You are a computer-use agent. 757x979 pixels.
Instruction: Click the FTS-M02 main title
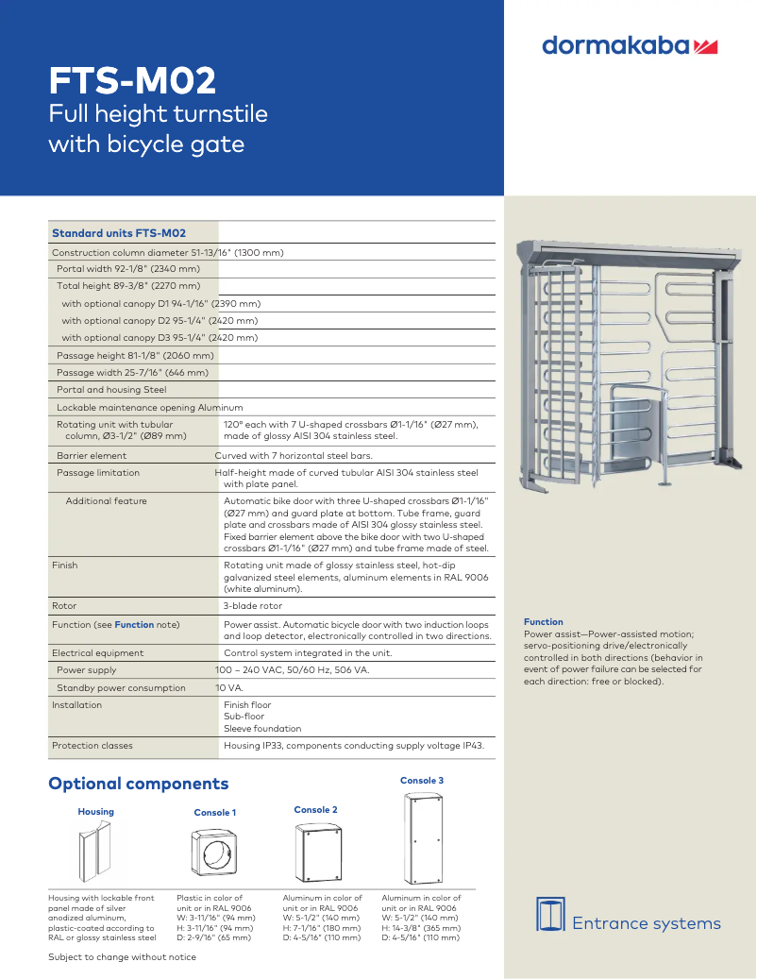point(133,81)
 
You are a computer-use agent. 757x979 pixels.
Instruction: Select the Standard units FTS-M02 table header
point(119,233)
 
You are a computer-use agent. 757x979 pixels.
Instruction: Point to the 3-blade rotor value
point(253,606)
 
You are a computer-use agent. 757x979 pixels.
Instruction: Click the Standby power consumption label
point(121,688)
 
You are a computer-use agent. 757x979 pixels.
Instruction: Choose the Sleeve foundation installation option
point(262,729)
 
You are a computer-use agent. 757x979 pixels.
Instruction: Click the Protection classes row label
point(93,746)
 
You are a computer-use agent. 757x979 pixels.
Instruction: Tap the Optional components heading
point(139,784)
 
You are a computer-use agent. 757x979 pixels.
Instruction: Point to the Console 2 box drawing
point(316,852)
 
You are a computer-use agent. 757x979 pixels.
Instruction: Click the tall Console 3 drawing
point(422,837)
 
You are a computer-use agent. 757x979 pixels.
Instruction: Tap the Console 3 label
point(422,781)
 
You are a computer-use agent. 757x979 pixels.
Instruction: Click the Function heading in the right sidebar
point(544,622)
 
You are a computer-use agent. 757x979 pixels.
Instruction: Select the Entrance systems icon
point(550,914)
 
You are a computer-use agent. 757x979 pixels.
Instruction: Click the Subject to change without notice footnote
point(123,957)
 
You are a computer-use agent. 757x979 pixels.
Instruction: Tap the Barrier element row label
point(92,456)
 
